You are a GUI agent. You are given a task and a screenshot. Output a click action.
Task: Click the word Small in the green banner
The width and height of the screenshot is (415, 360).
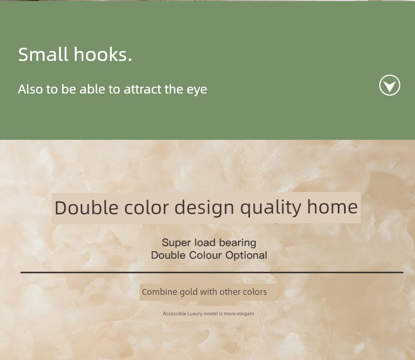[43, 54]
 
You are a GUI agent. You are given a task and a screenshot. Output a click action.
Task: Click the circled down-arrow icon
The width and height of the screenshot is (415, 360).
[390, 85]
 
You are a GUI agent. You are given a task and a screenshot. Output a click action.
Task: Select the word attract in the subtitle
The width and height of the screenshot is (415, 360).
[142, 89]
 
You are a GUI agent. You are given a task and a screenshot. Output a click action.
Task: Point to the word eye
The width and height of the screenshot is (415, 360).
[197, 90]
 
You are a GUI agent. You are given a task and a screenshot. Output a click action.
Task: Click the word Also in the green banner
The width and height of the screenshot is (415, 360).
[30, 89]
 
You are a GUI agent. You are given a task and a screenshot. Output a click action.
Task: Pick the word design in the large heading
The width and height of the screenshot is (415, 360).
[204, 208]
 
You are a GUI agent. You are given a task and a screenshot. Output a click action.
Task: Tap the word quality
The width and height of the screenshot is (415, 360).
[271, 208]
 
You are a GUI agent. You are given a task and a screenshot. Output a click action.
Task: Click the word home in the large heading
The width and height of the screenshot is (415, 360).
[333, 207]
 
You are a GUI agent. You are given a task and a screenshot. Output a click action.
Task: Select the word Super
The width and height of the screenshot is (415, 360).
[176, 243]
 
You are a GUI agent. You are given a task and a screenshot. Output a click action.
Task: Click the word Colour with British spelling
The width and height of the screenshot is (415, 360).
[205, 255]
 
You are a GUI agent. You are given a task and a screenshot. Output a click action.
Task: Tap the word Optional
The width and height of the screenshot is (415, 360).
[246, 255]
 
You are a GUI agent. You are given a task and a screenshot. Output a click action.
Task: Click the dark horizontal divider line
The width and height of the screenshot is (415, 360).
[212, 272]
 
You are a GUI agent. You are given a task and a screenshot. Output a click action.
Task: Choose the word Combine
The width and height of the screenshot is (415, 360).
[160, 292]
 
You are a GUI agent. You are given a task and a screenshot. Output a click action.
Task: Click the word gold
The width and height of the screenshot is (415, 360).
[189, 292]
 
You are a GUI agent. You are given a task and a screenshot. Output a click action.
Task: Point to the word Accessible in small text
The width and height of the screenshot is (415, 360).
[174, 314]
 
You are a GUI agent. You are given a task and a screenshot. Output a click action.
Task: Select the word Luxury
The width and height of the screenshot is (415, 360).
[195, 314]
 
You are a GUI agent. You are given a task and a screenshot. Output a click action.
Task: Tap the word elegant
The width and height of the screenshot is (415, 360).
[245, 314]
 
